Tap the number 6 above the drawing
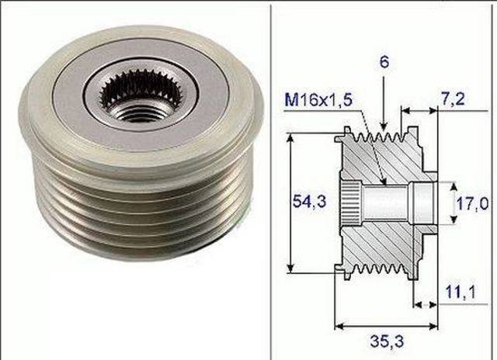click(x=385, y=61)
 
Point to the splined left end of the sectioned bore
click(x=350, y=203)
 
